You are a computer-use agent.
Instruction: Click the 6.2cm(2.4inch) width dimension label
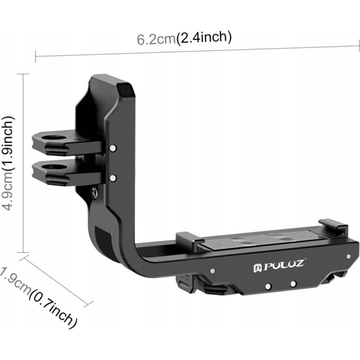point(184,38)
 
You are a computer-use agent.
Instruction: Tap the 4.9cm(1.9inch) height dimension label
point(8,163)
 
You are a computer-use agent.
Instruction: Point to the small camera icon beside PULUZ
point(257,268)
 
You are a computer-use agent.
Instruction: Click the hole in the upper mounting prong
point(54,138)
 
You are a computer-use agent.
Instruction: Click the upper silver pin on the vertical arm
point(113,148)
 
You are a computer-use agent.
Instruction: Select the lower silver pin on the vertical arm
point(113,178)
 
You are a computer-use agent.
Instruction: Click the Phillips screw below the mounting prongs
point(94,192)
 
